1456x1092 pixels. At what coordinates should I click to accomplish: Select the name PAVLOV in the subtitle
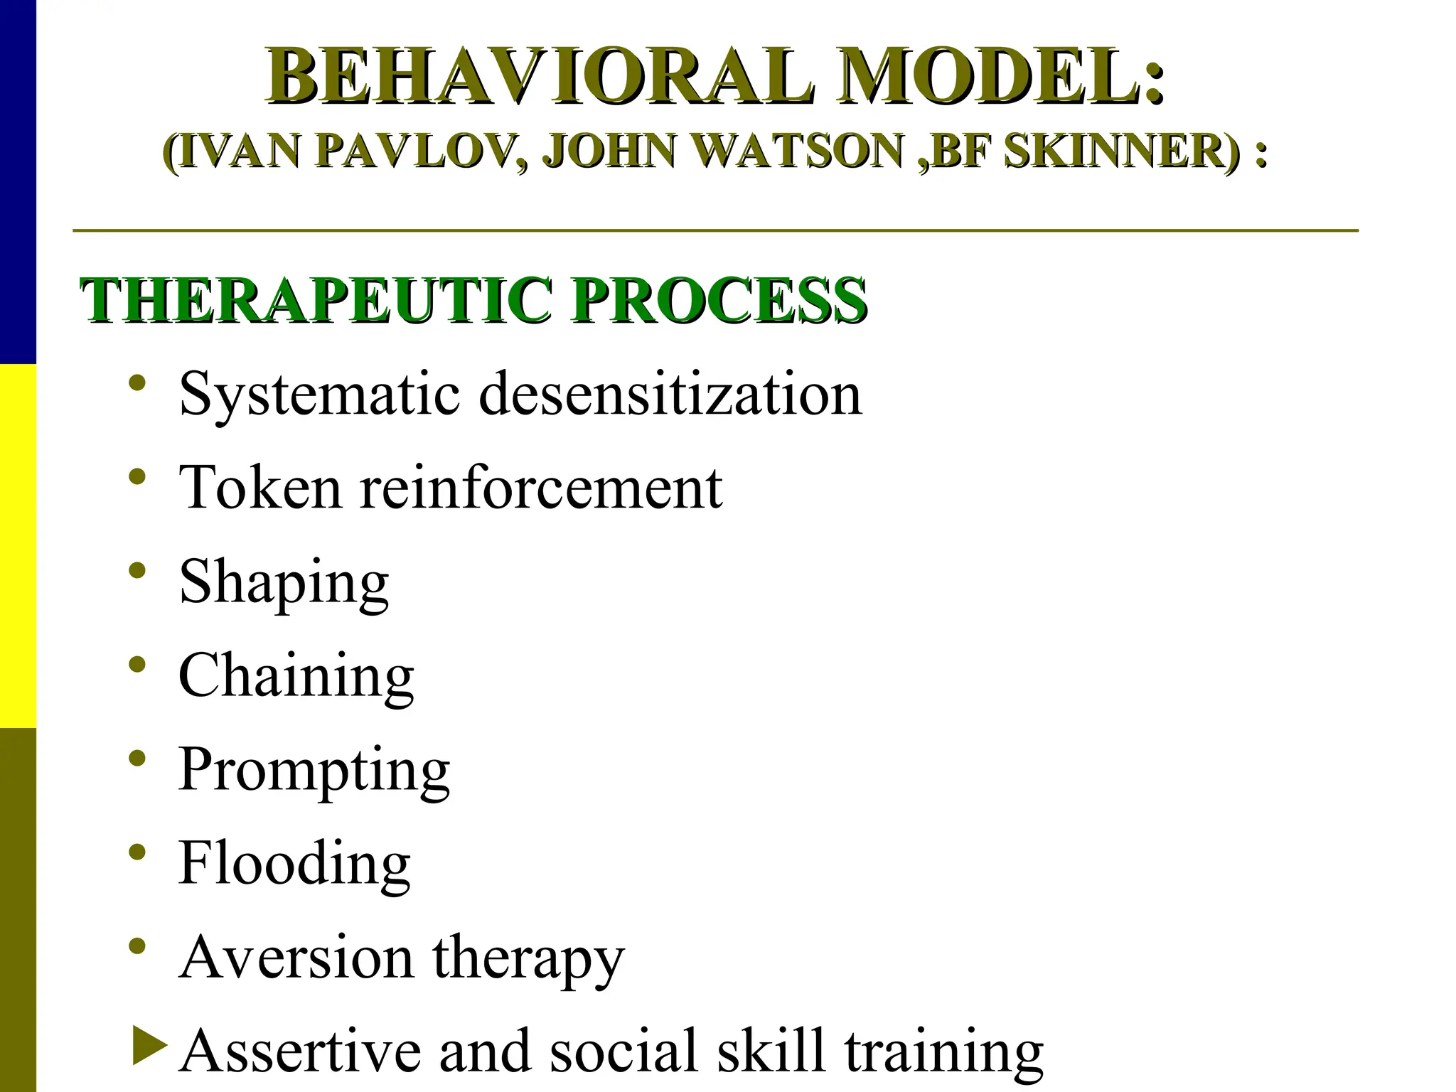click(422, 151)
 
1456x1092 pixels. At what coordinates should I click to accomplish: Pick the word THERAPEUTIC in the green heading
click(316, 301)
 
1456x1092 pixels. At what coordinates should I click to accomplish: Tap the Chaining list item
click(296, 676)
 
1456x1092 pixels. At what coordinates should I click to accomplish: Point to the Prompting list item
click(314, 771)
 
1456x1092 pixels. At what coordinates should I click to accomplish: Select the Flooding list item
click(294, 863)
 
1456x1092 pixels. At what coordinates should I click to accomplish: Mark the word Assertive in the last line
click(300, 1051)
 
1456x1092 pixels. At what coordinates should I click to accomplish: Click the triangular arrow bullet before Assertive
click(149, 1046)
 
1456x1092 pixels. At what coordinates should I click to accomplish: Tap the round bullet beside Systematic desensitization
click(138, 383)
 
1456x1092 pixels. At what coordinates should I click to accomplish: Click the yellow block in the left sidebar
click(18, 545)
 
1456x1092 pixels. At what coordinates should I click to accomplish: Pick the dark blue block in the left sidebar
click(18, 181)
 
